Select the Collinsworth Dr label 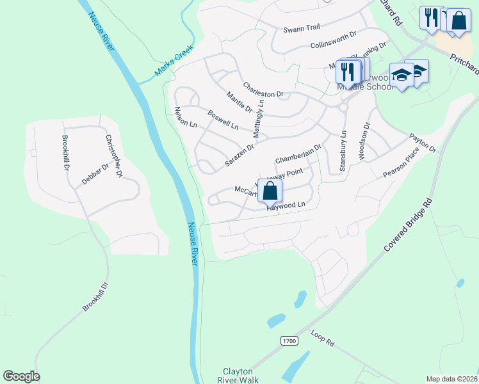coord(332,41)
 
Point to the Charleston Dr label coord(263,90)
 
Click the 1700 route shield coord(289,341)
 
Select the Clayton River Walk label coord(238,376)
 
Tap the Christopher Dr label coord(113,156)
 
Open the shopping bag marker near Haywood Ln coord(271,190)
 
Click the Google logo coord(21,376)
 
